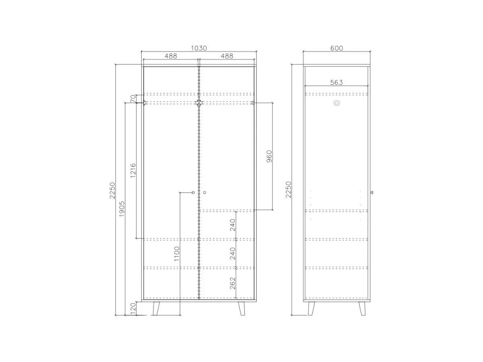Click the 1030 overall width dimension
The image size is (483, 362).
tap(199, 48)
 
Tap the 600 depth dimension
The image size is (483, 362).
tap(336, 48)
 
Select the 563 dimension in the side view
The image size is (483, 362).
tap(336, 82)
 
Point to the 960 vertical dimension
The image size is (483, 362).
tap(269, 156)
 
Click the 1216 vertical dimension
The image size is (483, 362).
tap(133, 171)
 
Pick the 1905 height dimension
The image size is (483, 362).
tap(122, 209)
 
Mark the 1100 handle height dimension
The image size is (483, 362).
tap(177, 254)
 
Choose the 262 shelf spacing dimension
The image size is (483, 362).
tap(233, 283)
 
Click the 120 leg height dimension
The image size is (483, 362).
tap(133, 309)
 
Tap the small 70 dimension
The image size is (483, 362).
tap(133, 99)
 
